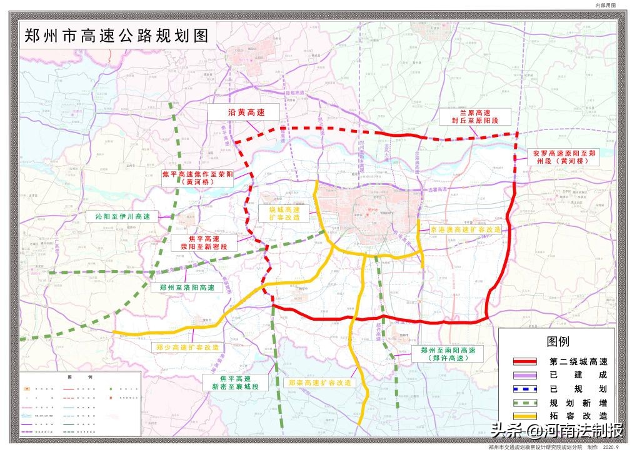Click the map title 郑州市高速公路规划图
coord(116,36)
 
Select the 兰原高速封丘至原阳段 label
coord(478,116)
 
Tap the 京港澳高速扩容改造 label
coord(466,230)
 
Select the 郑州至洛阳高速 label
coord(187,288)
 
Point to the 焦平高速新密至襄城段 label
coord(235,383)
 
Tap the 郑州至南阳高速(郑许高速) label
coord(448,354)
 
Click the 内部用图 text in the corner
coord(606,5)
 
